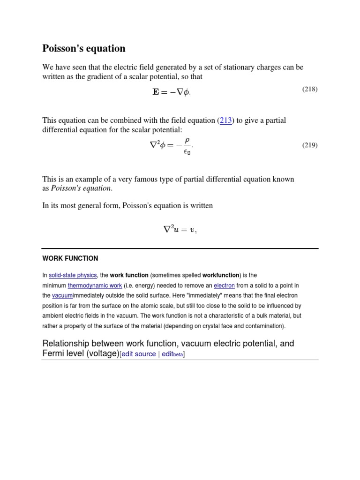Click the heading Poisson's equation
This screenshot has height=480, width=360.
tap(84, 49)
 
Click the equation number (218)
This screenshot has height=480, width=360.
tap(309, 89)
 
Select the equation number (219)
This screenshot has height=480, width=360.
tap(309, 145)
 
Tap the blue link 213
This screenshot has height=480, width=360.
tap(226, 120)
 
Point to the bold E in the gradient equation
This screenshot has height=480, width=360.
tap(156, 92)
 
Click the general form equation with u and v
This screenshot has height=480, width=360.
tap(180, 230)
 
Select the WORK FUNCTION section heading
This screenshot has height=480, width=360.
tap(70, 258)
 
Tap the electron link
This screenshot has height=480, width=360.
tap(224, 285)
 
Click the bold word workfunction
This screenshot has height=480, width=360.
tap(221, 275)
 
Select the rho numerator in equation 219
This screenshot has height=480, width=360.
tap(187, 140)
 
